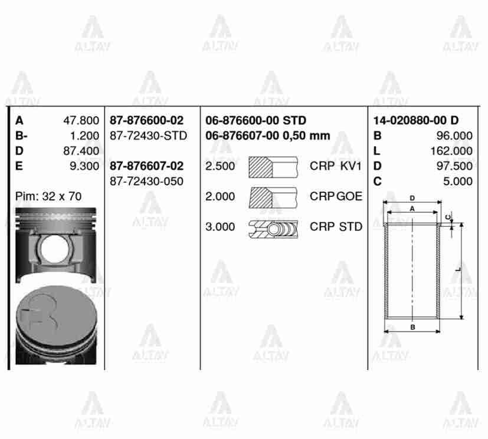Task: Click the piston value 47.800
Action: click(x=81, y=121)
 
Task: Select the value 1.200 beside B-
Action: click(x=84, y=136)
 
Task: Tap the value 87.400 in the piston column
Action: click(x=81, y=151)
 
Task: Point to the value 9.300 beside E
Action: click(x=84, y=166)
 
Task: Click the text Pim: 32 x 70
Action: click(x=48, y=196)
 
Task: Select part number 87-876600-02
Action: click(x=146, y=121)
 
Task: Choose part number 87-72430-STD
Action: click(x=148, y=136)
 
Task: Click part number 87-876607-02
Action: click(x=146, y=166)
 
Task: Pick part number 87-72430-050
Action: click(x=146, y=181)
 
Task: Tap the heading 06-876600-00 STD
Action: click(x=256, y=121)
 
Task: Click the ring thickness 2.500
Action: click(x=220, y=166)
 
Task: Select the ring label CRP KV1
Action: click(x=336, y=166)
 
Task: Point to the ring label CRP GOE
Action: click(x=336, y=196)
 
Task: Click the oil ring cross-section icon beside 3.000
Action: click(x=273, y=227)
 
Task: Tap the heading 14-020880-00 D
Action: click(x=415, y=121)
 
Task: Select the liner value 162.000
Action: click(x=451, y=151)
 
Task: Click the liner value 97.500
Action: click(x=454, y=166)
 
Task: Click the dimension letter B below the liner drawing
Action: click(x=412, y=327)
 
